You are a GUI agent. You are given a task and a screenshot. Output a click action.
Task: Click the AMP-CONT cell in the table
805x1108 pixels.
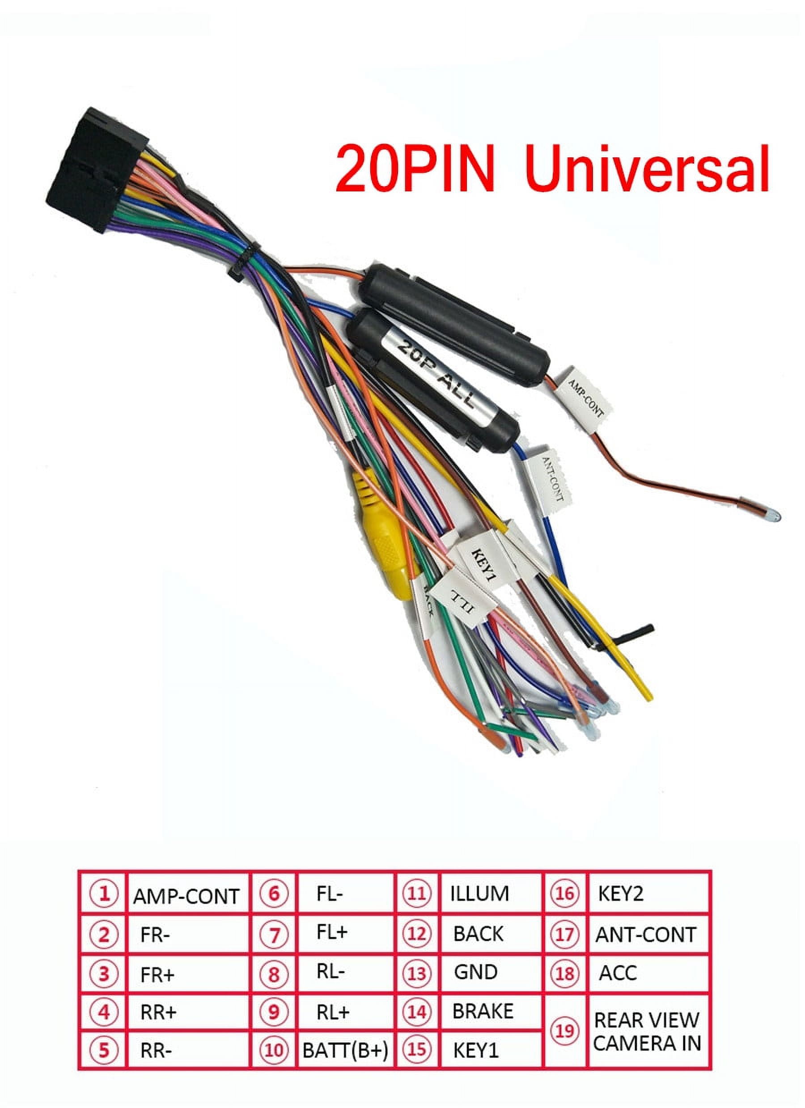[186, 897]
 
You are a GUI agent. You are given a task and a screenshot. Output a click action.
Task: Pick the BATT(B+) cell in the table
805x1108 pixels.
[345, 1051]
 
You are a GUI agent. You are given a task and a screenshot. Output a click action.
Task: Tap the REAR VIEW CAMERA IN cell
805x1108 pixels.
[647, 1031]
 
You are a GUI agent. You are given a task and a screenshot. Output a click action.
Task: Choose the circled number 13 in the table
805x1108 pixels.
[417, 974]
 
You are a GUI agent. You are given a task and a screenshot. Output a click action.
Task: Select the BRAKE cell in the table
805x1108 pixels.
[483, 1011]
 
